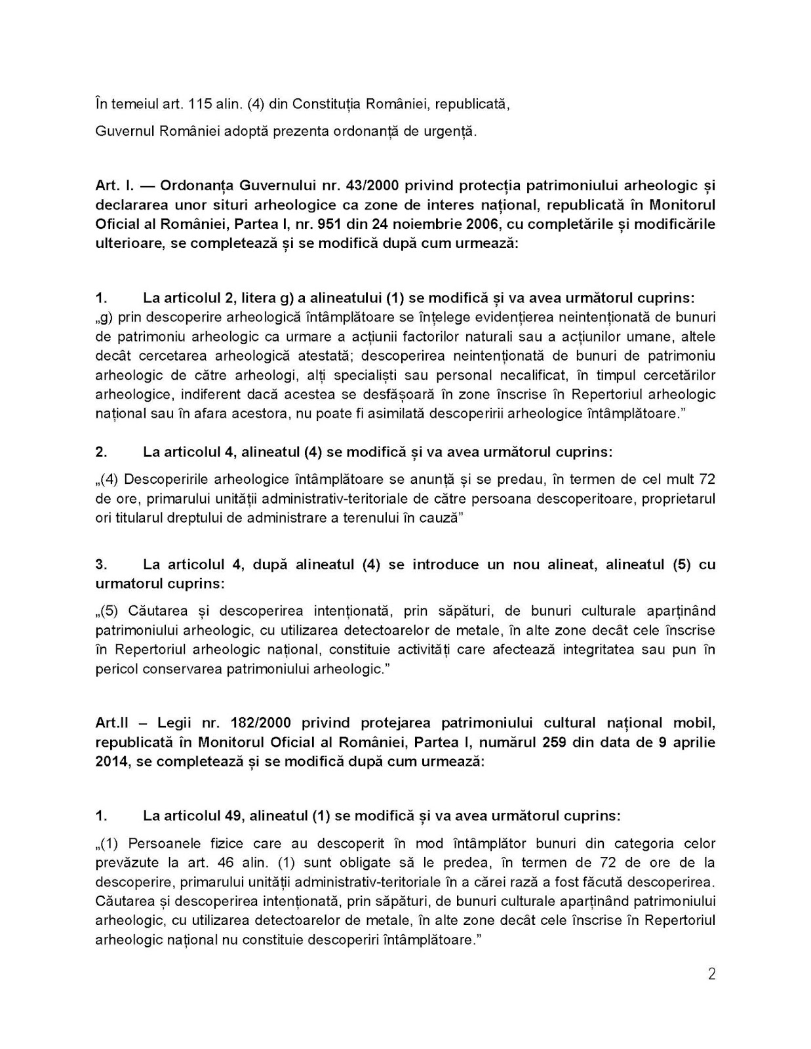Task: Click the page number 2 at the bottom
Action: (711, 974)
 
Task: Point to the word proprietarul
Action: (679, 498)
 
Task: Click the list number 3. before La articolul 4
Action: (101, 564)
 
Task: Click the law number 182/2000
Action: (262, 723)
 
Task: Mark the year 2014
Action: (113, 762)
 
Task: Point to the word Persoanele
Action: (163, 843)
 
